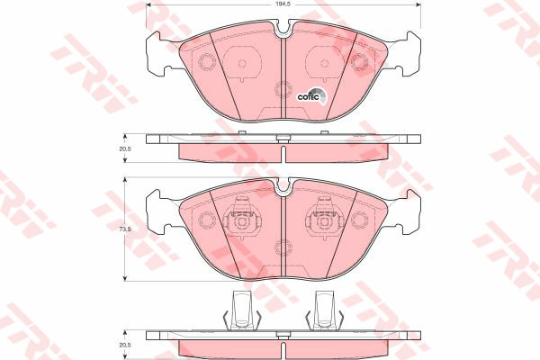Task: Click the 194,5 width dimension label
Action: click(x=282, y=4)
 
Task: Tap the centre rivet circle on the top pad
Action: click(x=283, y=89)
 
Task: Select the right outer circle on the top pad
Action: click(x=360, y=63)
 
